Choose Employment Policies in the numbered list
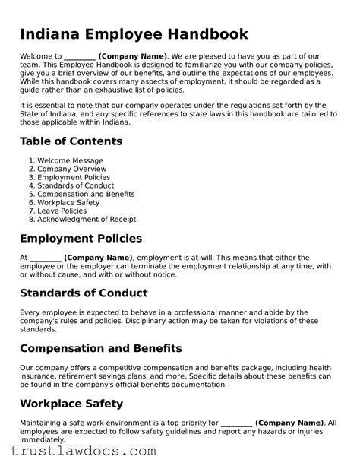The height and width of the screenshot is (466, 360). tap(74, 177)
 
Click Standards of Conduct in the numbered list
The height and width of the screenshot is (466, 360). tap(75, 185)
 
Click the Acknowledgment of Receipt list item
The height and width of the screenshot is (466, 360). tap(84, 219)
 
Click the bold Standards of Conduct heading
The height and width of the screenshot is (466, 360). tap(84, 293)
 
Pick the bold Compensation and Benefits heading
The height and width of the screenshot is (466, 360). tap(100, 348)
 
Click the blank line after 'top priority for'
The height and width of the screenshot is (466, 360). tap(236, 422)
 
